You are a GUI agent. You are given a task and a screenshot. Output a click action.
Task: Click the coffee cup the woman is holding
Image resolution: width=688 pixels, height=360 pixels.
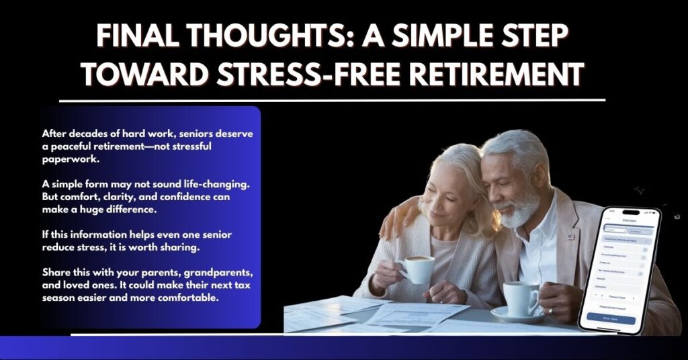pyautogui.click(x=417, y=269)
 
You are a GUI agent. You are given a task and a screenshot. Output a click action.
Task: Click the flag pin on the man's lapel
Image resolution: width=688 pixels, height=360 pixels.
pyautogui.click(x=572, y=236)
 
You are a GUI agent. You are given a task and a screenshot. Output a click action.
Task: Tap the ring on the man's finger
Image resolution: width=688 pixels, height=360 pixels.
pyautogui.click(x=549, y=311)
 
